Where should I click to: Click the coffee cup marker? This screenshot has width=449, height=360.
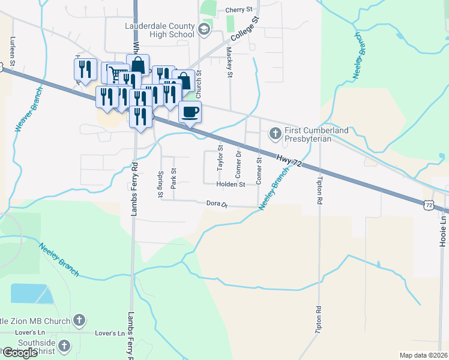pos(190,112)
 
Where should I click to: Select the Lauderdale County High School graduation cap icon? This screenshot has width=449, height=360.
pos(203,29)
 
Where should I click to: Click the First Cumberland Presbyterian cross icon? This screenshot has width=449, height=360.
pos(276,133)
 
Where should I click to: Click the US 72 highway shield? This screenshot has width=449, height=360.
pos(428,205)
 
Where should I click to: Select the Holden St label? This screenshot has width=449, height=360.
pos(231,185)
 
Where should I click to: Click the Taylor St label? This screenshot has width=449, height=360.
pos(220,157)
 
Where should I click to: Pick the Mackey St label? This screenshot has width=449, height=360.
pos(229,64)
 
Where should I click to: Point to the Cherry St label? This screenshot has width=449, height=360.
pos(240,10)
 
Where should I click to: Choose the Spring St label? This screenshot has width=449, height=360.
pos(160,185)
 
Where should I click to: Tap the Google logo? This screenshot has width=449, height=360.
pos(20,353)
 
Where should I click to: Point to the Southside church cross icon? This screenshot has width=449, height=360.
pos(65,346)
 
